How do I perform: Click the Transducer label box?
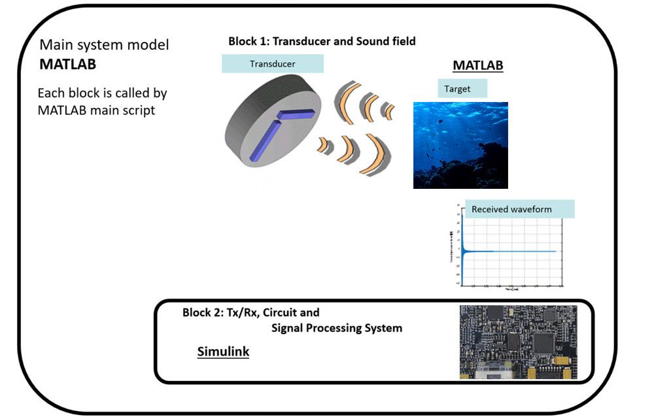click(x=272, y=63)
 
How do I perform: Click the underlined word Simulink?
click(x=223, y=352)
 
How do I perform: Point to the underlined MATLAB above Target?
click(x=478, y=65)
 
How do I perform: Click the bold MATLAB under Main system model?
click(x=68, y=65)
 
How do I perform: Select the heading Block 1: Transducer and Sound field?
click(x=322, y=41)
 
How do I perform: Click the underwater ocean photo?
click(x=460, y=145)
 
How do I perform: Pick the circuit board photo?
click(x=518, y=341)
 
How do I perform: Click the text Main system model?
click(x=104, y=45)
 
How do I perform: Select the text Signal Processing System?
click(x=336, y=327)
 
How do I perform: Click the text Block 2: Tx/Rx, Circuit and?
click(x=250, y=312)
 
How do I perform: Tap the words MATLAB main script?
click(x=96, y=110)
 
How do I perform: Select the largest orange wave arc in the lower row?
click(x=375, y=154)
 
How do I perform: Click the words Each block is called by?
click(x=102, y=93)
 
